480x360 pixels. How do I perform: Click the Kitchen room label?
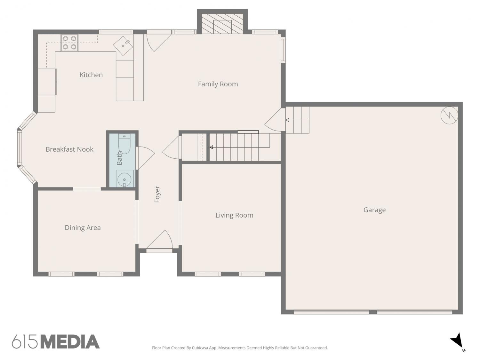tap(91, 75)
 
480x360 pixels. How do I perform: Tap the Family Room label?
tap(218, 84)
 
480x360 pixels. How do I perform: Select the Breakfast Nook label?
tap(69, 149)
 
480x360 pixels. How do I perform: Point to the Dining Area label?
tap(83, 228)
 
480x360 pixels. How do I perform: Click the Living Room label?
tap(234, 215)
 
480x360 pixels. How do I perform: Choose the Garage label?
tap(374, 210)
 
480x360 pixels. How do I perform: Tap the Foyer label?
tap(157, 194)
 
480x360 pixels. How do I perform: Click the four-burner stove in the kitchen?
tap(69, 43)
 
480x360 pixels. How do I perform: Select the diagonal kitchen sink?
tap(123, 46)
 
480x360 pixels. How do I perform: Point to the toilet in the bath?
tap(124, 144)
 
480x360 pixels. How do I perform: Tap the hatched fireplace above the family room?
tap(222, 24)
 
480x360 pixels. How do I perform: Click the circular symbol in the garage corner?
tap(449, 115)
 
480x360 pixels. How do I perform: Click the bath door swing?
tap(145, 158)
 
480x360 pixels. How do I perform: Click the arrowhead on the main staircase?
tap(211, 147)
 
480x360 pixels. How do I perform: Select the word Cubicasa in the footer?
tap(200, 348)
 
